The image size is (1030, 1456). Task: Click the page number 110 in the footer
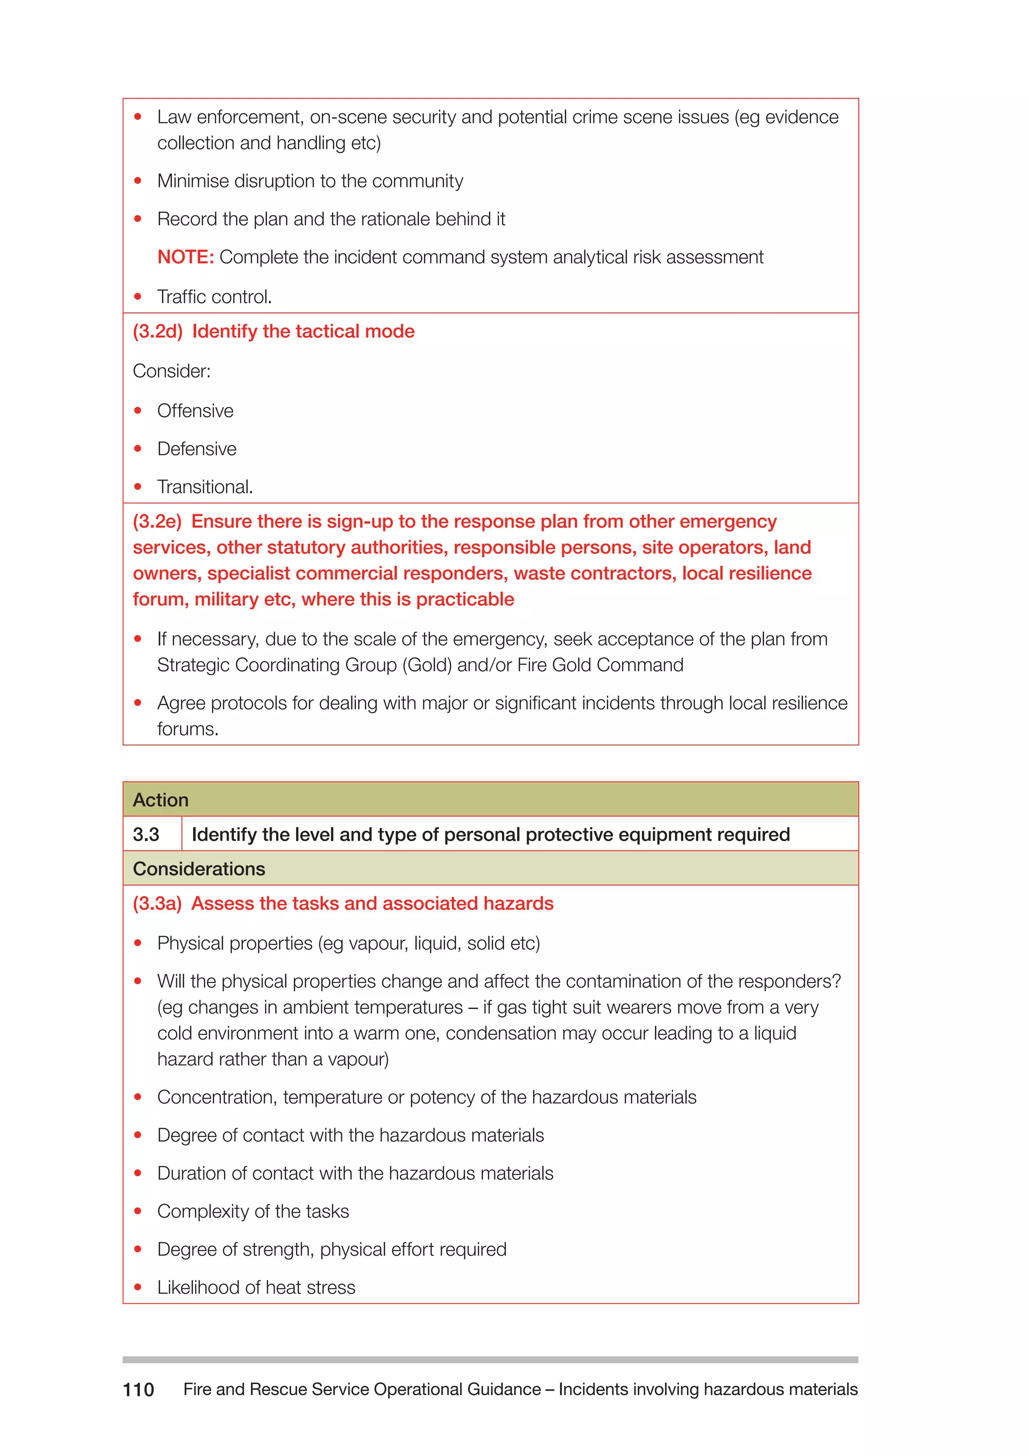(138, 1390)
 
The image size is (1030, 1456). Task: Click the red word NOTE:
(185, 257)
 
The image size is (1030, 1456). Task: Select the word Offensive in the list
(195, 411)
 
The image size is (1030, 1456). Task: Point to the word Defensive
(197, 449)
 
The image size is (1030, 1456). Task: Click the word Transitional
(204, 487)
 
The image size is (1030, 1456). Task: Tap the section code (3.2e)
(156, 521)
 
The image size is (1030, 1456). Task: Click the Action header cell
(160, 800)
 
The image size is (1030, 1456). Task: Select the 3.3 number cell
(146, 835)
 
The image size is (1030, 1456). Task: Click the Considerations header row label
(199, 869)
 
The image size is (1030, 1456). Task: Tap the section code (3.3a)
(156, 903)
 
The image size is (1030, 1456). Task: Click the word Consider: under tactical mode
(171, 371)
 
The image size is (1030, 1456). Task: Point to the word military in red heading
(226, 599)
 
